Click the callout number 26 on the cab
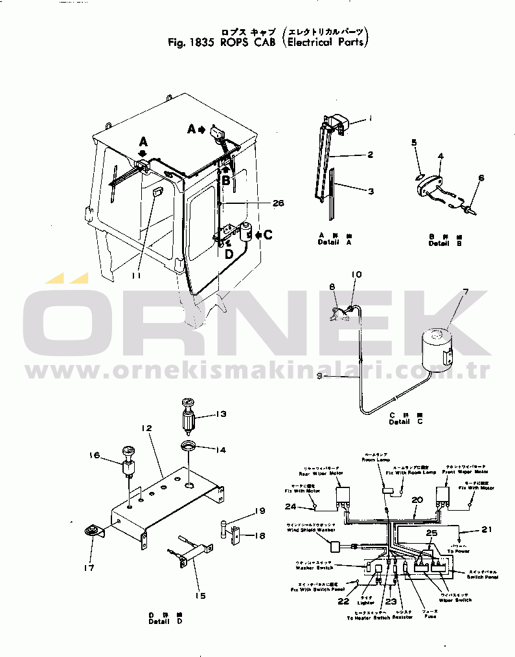278,203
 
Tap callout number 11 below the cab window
135,276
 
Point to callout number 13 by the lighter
221,414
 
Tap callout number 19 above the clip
259,511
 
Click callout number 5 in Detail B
415,142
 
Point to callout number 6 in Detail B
481,178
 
